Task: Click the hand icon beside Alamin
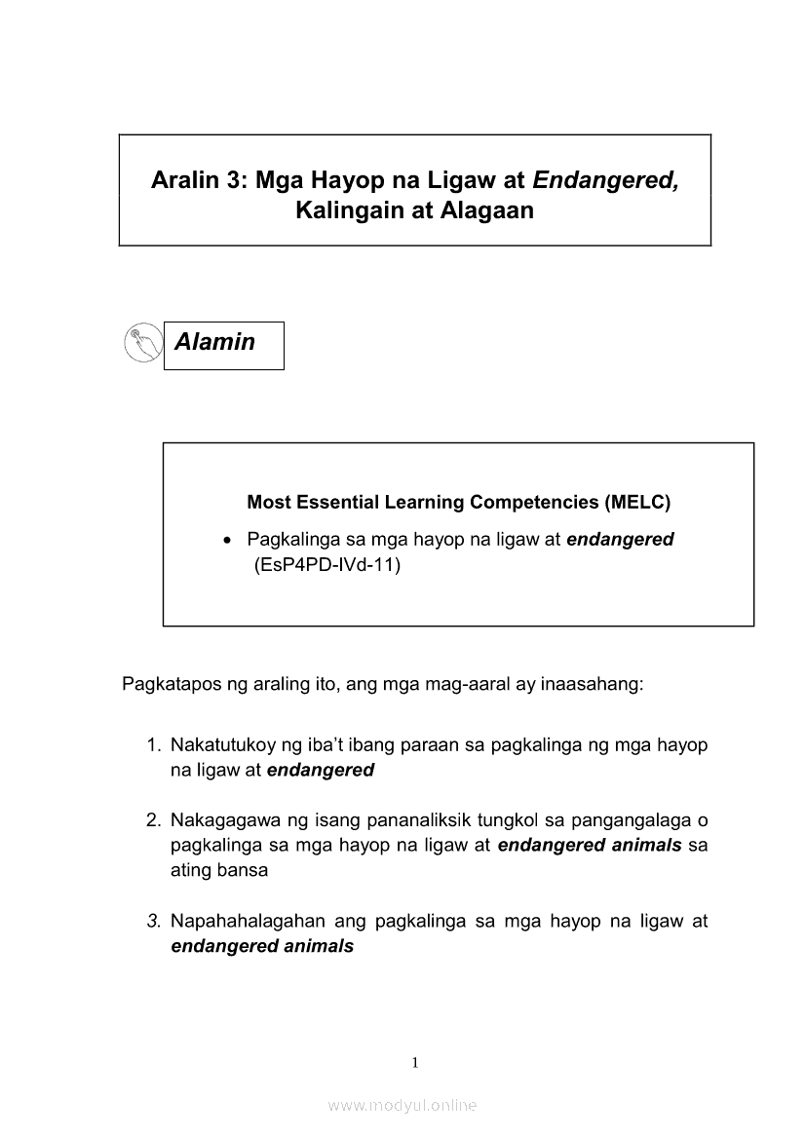tap(143, 343)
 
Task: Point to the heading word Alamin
tap(214, 342)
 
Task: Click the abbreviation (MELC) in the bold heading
tap(637, 503)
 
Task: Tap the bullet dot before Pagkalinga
tap(227, 540)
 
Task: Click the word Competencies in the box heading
tap(533, 503)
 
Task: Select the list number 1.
tap(153, 746)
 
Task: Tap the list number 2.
tap(153, 821)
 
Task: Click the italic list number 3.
tap(153, 921)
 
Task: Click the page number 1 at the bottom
tap(416, 1062)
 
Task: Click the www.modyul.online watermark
tap(402, 1106)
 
